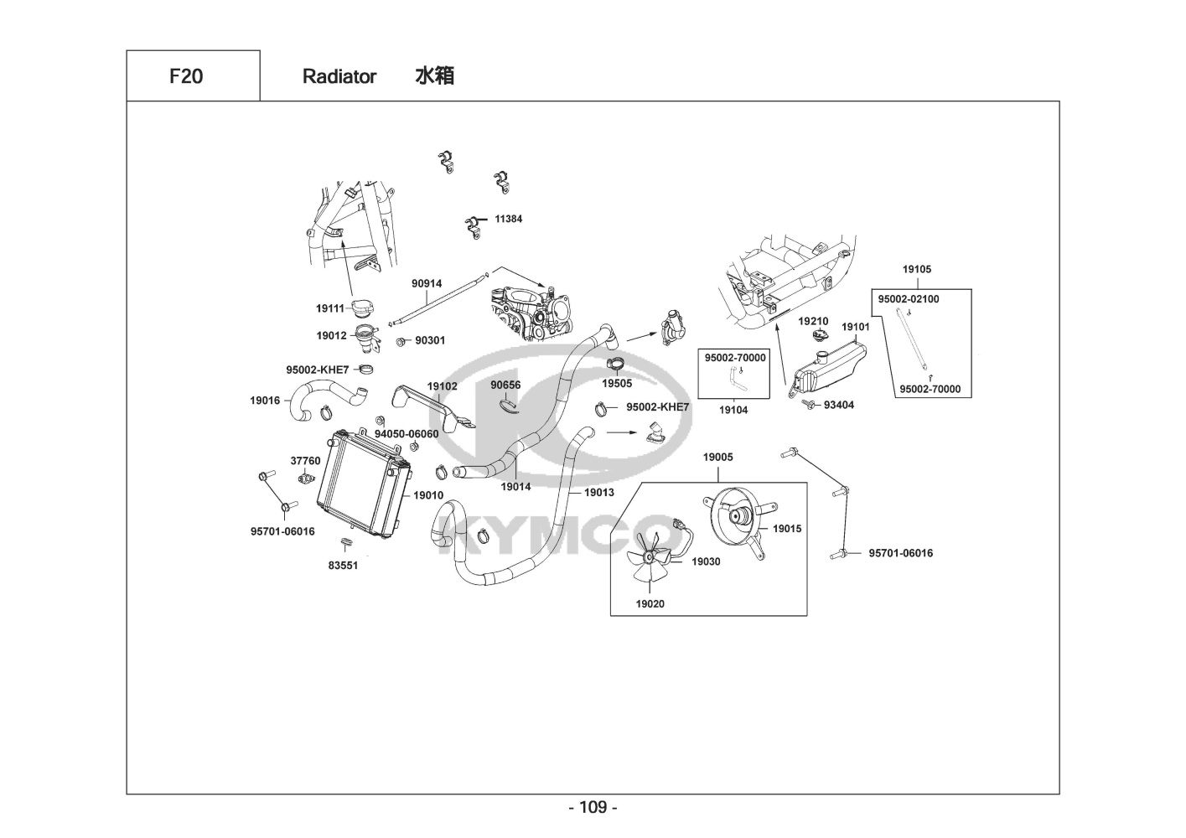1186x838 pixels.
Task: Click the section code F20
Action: pos(186,76)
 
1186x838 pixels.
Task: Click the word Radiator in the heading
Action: pos(339,76)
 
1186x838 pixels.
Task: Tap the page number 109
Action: pos(593,807)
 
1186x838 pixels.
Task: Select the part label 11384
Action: pos(508,219)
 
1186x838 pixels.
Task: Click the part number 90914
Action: pos(427,284)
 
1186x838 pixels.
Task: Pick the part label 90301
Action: pos(430,340)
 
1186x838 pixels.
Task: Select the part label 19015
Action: pos(787,528)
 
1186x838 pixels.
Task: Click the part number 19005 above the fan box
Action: pos(718,457)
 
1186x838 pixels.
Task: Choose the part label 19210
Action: pos(813,321)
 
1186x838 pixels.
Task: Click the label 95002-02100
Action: pos(909,299)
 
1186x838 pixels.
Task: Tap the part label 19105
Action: pos(917,269)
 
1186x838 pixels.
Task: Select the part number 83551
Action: pos(343,566)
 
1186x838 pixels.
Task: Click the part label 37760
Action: pos(305,461)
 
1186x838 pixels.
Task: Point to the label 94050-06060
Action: pos(407,434)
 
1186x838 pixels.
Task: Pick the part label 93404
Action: pos(839,405)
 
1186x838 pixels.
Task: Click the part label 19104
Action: pos(733,410)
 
